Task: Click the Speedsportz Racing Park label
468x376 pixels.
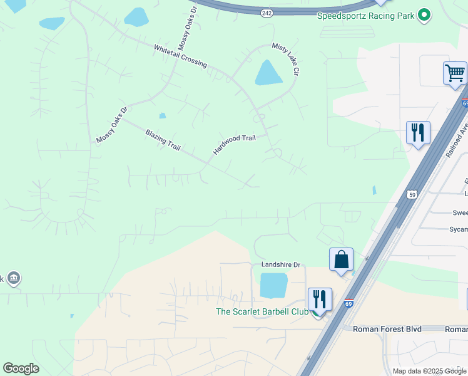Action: pos(367,16)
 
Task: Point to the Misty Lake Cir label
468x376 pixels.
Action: pos(284,59)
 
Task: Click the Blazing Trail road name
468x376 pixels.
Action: pos(163,140)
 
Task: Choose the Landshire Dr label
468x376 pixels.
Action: pos(280,265)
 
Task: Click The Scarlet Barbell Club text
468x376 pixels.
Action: pos(262,311)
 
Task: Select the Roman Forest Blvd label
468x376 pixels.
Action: pos(387,328)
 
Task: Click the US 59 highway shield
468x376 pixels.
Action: pos(412,194)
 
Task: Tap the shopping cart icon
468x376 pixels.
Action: pos(455,73)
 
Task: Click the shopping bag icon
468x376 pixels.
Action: pos(341,259)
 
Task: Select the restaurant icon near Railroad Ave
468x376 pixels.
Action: pos(418,132)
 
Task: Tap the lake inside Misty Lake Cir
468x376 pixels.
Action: pos(268,73)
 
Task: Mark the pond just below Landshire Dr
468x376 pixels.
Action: pos(273,285)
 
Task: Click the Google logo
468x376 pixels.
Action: pos(21,368)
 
